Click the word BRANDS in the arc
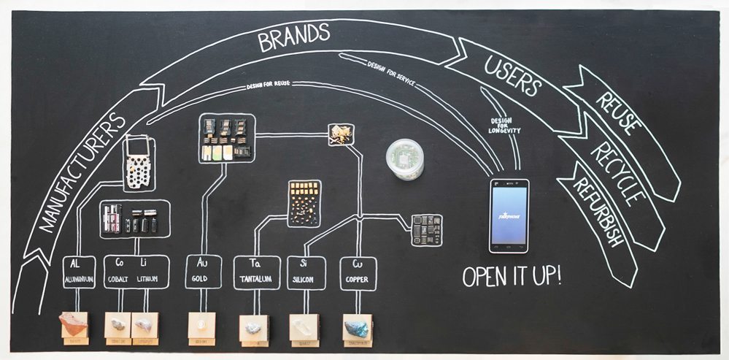pyautogui.click(x=294, y=38)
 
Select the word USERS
pyautogui.click(x=513, y=77)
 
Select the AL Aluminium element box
pyautogui.click(x=79, y=272)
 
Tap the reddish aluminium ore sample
pyautogui.click(x=74, y=323)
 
